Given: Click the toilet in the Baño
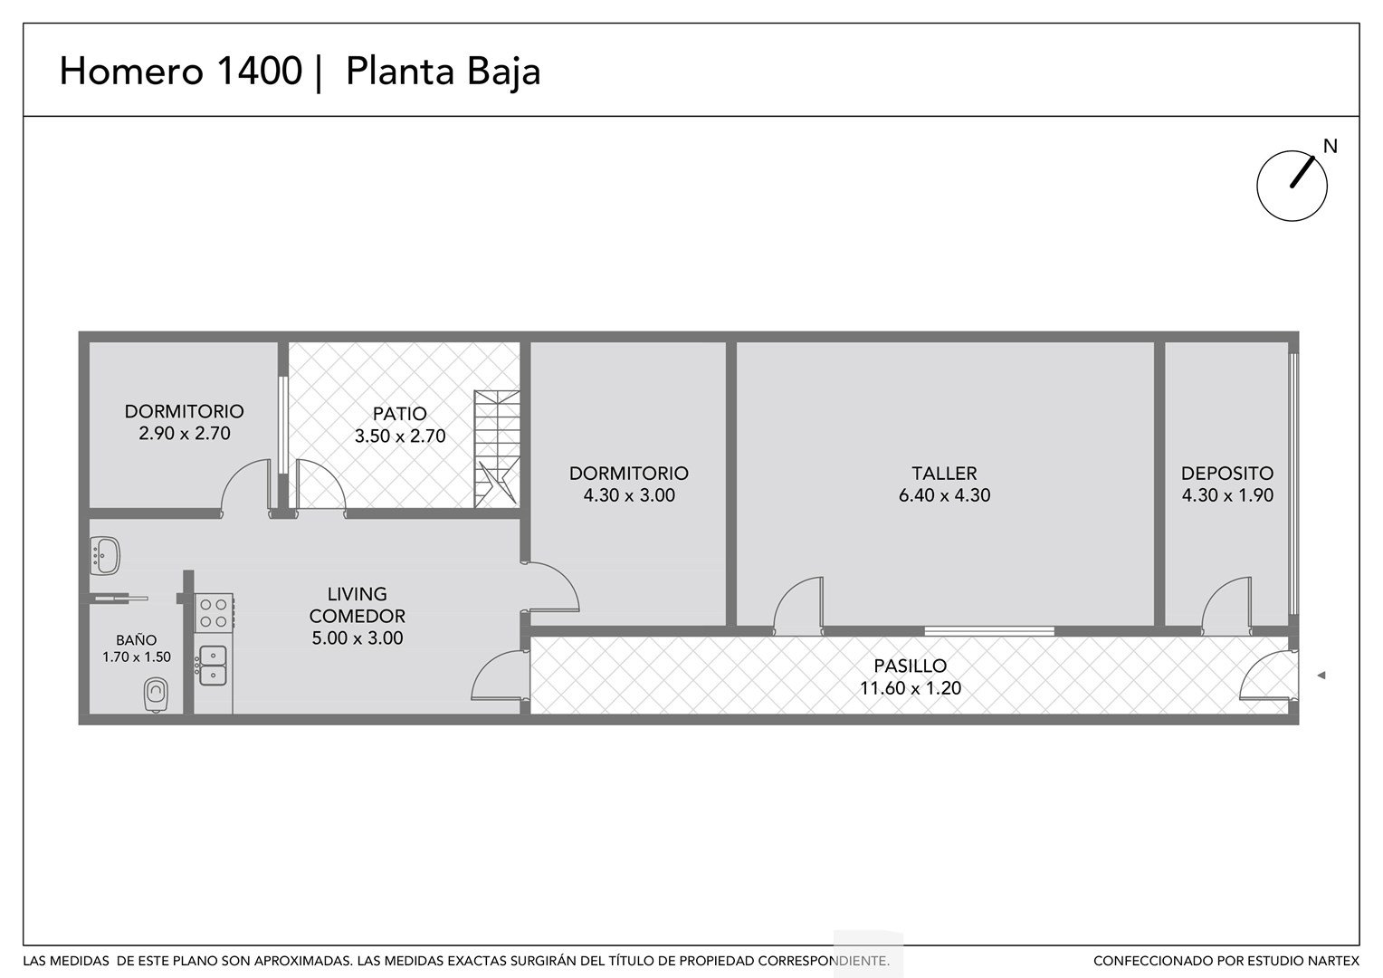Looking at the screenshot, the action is tap(157, 695).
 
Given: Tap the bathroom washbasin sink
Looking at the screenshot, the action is tap(105, 555).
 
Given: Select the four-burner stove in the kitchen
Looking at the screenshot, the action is tap(214, 613).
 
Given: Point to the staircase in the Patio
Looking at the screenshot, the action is tap(496, 449).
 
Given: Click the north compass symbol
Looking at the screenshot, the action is tap(1292, 186).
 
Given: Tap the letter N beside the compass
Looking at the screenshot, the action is tap(1331, 147).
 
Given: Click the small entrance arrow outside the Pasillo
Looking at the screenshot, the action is tap(1321, 676).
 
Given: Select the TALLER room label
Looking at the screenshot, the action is tap(944, 474).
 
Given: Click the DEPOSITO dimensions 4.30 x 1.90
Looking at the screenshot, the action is tap(1227, 494).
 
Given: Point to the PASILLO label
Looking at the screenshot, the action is tap(910, 666).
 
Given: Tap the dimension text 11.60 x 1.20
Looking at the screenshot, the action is tap(911, 688).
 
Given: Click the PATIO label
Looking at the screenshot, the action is tap(399, 413).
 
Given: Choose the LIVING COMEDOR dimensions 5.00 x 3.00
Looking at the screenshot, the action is tap(358, 638).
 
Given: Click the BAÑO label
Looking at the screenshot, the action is tap(137, 640).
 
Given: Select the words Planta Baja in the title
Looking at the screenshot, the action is tap(443, 71).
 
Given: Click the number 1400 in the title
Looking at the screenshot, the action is tap(259, 70).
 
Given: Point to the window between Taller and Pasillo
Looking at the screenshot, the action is tap(989, 631).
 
